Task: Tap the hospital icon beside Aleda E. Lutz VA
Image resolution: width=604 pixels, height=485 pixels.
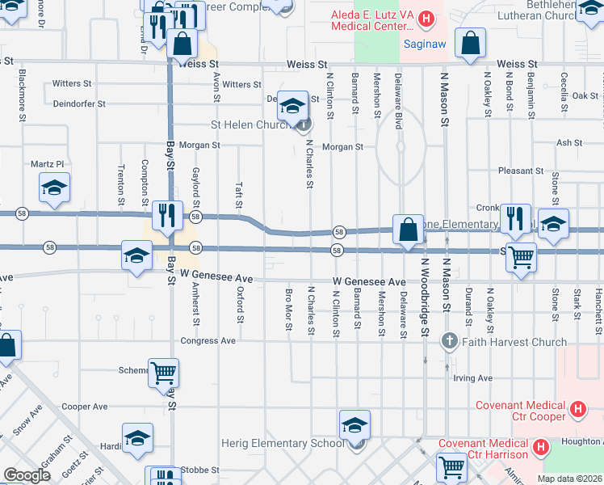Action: pos(427,17)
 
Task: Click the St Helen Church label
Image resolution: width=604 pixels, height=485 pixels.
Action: pos(250,125)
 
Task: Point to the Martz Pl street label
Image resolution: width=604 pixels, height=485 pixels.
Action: pos(47,164)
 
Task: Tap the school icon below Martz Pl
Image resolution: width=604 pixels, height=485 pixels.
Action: pos(54,189)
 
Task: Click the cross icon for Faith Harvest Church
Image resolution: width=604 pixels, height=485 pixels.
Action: pos(450,342)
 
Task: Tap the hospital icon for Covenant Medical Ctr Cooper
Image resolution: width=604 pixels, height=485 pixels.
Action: pos(577,410)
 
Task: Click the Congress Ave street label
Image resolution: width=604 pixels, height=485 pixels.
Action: pos(208,341)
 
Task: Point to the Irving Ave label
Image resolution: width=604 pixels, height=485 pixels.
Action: pos(472,377)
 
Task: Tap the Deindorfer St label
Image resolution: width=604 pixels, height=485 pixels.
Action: pos(79,103)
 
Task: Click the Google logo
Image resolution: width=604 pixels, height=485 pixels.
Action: pos(27,475)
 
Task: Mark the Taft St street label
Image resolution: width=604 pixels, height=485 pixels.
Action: pos(240,196)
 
